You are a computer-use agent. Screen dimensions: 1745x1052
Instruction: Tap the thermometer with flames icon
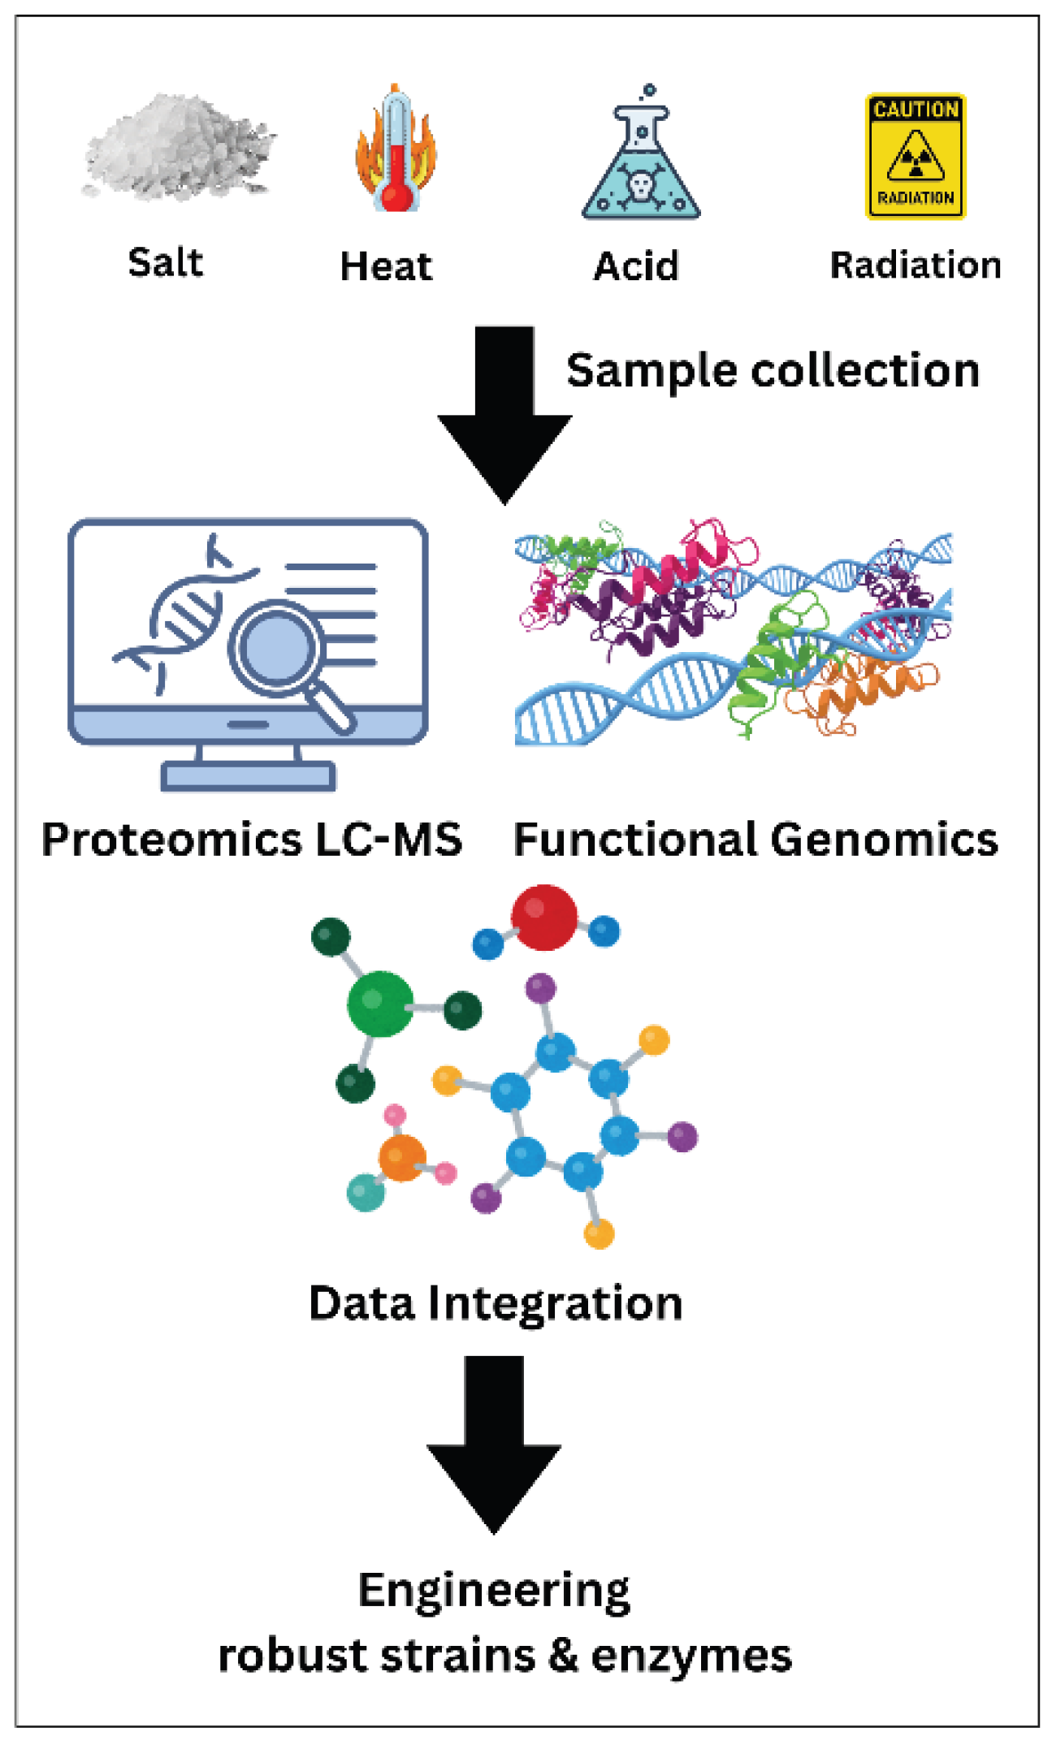point(395,150)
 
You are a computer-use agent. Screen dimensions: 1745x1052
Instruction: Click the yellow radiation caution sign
point(916,156)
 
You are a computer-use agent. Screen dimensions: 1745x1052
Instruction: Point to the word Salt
point(165,263)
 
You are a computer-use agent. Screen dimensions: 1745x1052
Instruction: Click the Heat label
point(386,266)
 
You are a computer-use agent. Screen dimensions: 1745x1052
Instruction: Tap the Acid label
point(636,266)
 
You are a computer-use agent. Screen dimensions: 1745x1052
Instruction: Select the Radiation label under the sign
point(915,266)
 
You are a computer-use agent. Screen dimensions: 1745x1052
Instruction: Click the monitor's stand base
point(249,776)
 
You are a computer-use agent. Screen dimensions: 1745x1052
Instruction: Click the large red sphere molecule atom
point(543,918)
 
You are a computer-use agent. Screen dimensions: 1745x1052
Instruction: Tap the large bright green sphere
point(379,1004)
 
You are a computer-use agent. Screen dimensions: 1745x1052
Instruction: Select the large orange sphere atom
point(402,1159)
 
